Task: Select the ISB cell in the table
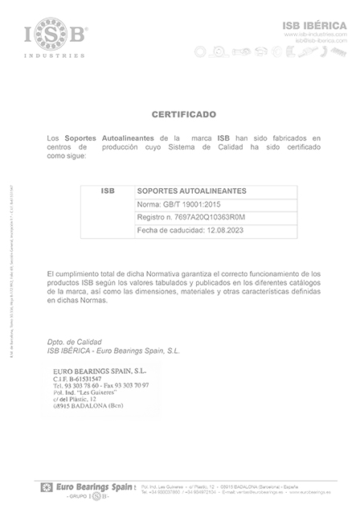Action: point(108,191)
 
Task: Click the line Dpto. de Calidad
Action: point(73,342)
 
